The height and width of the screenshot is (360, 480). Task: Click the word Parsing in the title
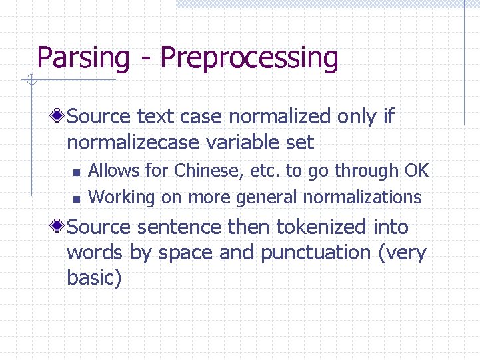click(83, 58)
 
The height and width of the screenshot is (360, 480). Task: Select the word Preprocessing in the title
click(249, 58)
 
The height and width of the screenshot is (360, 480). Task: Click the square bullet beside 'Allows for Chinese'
click(77, 172)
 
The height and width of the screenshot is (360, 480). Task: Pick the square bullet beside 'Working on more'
click(77, 198)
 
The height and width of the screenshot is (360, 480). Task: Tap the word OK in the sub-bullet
click(416, 171)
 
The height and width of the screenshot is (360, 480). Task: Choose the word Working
click(121, 197)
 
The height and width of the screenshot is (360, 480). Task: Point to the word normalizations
click(362, 197)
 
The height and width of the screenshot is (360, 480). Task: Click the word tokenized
click(321, 227)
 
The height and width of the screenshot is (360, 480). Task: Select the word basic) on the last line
click(94, 277)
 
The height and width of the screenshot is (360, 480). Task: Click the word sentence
click(178, 227)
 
